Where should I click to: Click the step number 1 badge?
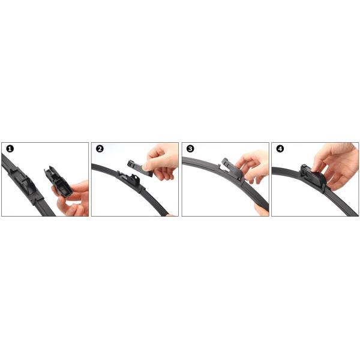click(x=10, y=149)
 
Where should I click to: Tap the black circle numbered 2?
click(x=100, y=149)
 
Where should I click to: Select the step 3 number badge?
click(x=190, y=149)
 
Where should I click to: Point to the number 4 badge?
click(x=280, y=149)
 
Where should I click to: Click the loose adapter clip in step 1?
click(x=58, y=182)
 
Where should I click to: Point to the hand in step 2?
click(x=161, y=161)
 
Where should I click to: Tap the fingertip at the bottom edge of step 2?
click(x=172, y=215)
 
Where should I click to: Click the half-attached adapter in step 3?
click(x=232, y=169)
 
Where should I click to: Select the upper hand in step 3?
click(x=253, y=166)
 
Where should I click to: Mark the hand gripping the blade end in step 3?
click(x=262, y=209)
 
